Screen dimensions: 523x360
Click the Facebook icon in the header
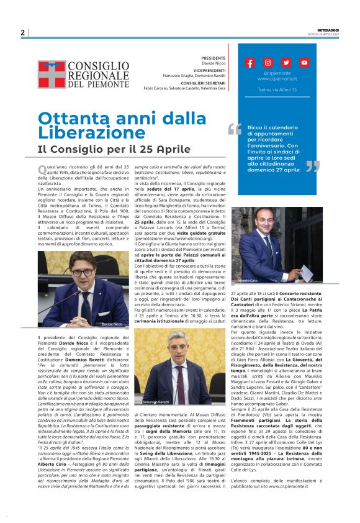click(x=250, y=63)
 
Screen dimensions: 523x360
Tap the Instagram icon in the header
click(x=268, y=63)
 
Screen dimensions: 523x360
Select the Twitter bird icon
click(x=286, y=63)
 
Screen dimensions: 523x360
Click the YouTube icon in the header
click(x=304, y=63)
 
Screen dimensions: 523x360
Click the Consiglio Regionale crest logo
click(x=51, y=74)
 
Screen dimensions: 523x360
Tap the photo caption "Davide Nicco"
click(x=112, y=324)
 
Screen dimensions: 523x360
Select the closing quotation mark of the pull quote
click(x=313, y=166)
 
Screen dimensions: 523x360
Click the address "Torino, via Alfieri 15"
click(x=277, y=90)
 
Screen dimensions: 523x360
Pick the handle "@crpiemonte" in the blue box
click(x=277, y=73)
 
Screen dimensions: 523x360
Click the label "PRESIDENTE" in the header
click(x=214, y=58)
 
